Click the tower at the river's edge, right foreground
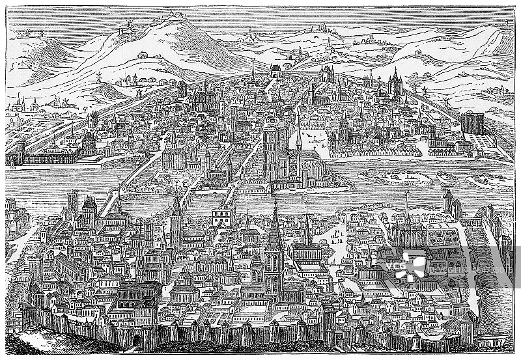point(449,199)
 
